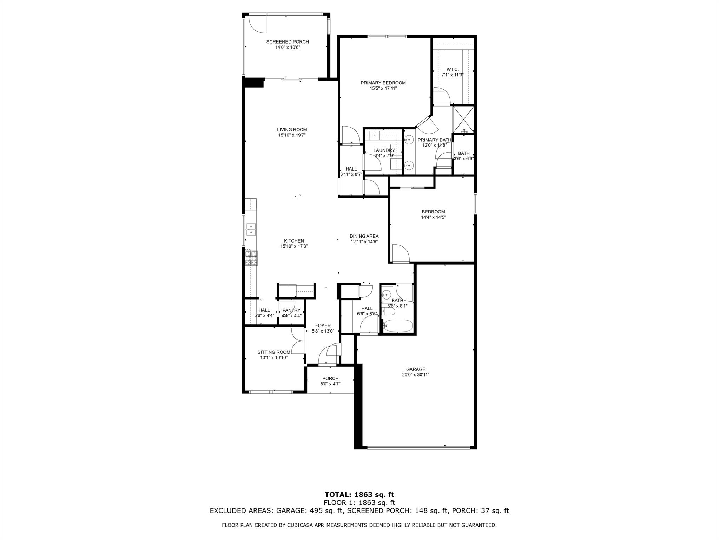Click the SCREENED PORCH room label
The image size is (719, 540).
click(287, 42)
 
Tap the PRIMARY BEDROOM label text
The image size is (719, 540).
click(383, 83)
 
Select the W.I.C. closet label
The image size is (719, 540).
click(453, 69)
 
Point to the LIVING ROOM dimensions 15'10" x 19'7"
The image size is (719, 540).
click(292, 135)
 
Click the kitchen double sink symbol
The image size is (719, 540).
click(251, 229)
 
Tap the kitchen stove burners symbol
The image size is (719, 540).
click(251, 258)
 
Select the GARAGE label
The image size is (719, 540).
click(416, 369)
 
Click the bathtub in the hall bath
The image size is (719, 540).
click(397, 326)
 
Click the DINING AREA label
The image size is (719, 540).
click(364, 236)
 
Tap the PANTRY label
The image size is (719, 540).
click(291, 310)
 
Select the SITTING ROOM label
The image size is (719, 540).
click(274, 352)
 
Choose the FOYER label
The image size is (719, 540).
click(323, 326)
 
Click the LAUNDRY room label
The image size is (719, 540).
click(384, 150)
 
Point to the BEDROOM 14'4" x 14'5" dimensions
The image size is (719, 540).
click(433, 217)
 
